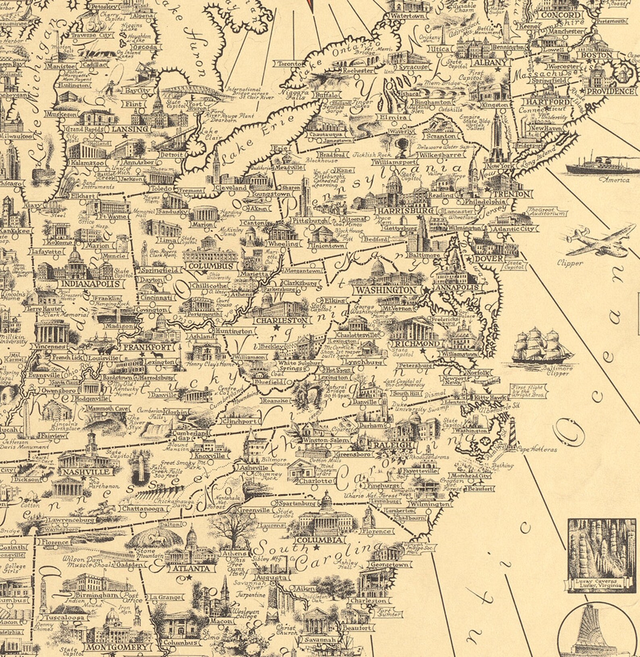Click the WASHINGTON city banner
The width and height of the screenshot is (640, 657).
pos(385,290)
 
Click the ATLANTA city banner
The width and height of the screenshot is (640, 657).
pos(191,568)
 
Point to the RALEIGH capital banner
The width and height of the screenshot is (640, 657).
pos(387,445)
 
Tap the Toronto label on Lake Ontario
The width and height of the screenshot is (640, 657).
pos(290,64)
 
